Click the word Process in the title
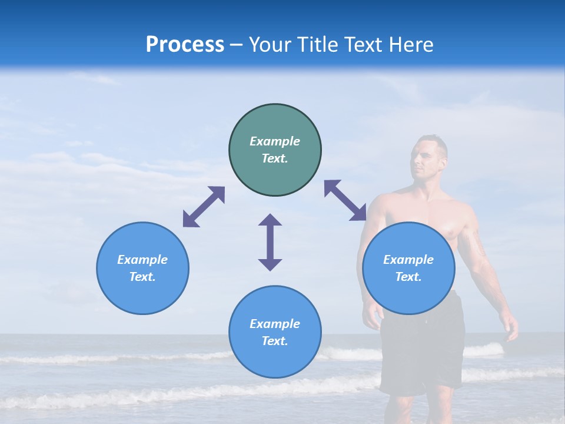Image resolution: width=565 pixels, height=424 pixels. point(185,45)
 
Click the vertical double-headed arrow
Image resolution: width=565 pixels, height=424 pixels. point(270,242)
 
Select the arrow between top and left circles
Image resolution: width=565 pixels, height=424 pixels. point(204,207)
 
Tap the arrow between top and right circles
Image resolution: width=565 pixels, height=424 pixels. point(345,200)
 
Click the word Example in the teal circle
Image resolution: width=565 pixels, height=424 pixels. point(275,141)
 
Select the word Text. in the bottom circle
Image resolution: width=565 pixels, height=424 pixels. point(275,341)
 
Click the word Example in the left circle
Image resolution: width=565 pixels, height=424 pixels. point(142,260)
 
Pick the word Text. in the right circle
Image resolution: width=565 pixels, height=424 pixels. point(408,277)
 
